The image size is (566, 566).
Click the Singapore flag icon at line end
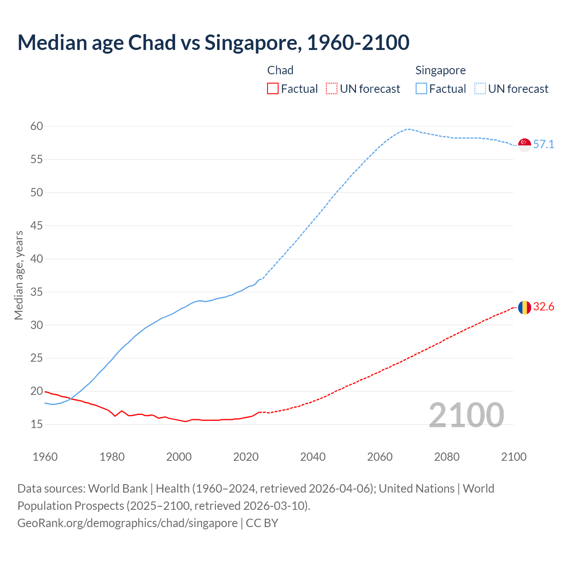(524, 145)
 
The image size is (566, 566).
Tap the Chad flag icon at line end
(524, 307)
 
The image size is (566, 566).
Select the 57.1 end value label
(543, 145)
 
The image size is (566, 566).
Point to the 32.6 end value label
(543, 307)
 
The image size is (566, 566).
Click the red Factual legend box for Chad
(273, 89)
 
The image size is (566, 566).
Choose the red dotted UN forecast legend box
(332, 89)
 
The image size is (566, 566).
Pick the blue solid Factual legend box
(421, 89)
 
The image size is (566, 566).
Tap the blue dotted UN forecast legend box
(480, 89)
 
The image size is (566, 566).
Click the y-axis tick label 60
(37, 126)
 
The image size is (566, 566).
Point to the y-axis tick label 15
(37, 424)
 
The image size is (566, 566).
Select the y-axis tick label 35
(37, 292)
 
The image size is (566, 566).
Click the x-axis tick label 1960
(45, 457)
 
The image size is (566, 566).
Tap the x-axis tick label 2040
(313, 457)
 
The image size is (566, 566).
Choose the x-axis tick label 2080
(447, 457)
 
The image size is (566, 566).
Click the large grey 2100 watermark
(466, 415)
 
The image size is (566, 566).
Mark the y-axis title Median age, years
(19, 275)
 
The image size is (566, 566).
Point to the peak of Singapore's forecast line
(408, 129)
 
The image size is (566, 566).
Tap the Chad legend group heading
(280, 70)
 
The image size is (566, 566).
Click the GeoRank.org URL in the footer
(127, 523)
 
